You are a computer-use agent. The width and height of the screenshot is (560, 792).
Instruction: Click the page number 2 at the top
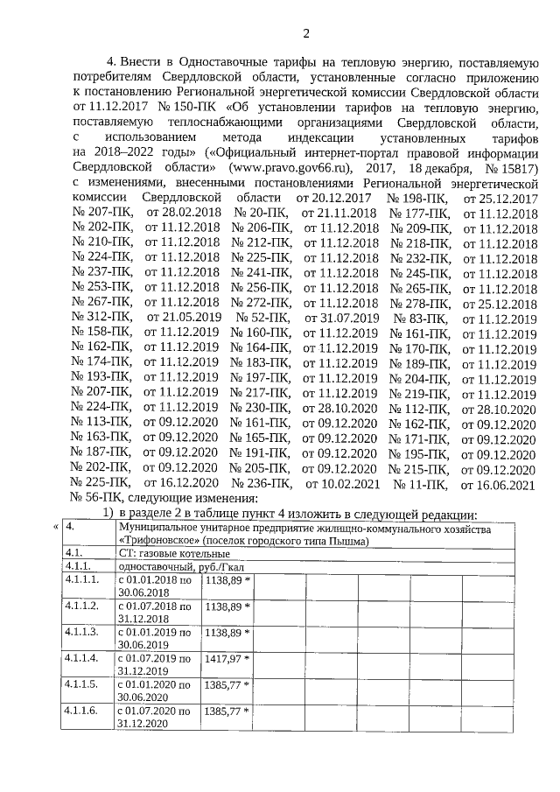(x=306, y=33)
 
